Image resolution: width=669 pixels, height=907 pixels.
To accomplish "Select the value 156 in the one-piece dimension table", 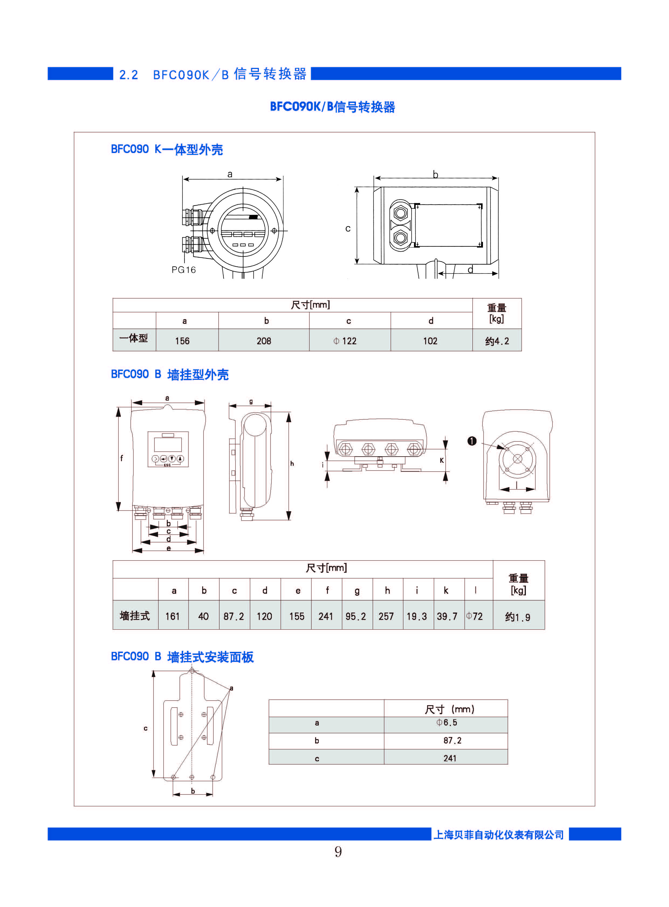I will pos(182,341).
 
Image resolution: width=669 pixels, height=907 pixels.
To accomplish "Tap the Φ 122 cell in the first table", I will pos(345,341).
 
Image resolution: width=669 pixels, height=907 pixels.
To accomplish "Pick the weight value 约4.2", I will pos(497,341).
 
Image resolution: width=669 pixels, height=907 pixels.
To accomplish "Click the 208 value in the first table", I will pos(264,341).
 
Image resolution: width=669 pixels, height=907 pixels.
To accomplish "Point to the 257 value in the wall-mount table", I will pos(386,616).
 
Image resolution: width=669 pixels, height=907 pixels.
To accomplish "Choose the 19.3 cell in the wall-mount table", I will pos(417,616).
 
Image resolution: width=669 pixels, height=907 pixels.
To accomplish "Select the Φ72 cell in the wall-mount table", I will pos(474,616).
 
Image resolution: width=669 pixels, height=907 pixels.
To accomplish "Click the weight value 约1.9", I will pos(517,617).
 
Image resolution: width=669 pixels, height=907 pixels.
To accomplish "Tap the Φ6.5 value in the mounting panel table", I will pos(447,722).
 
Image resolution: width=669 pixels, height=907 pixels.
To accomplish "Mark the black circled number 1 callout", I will pos(472,441).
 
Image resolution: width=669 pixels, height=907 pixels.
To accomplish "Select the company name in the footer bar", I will pos(499,835).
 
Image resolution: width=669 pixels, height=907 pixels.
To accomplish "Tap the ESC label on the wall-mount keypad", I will pos(167,465).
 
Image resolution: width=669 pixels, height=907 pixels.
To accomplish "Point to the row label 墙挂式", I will pos(135,616).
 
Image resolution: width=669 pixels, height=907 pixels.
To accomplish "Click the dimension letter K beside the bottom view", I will pos(442,460).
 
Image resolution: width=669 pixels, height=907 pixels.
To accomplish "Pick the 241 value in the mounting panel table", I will pos(450,758).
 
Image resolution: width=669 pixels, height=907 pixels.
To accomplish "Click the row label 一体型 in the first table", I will pos(134,338).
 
